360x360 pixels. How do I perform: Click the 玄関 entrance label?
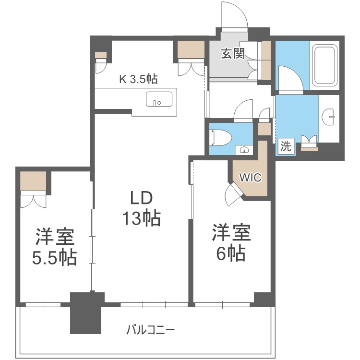[x=233, y=53]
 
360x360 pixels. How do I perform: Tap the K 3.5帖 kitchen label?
[x=138, y=79]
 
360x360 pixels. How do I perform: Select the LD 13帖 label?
[x=142, y=208]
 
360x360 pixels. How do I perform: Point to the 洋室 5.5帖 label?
[x=54, y=247]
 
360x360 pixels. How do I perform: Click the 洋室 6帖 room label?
[x=231, y=242]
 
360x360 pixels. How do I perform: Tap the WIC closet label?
[x=250, y=177]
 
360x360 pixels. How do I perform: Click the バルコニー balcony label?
[x=151, y=330]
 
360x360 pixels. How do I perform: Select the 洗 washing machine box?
[x=286, y=145]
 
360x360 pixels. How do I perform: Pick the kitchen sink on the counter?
[x=159, y=99]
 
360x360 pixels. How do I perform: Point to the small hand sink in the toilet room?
[x=244, y=150]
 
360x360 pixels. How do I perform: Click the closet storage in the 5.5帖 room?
[x=33, y=180]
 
